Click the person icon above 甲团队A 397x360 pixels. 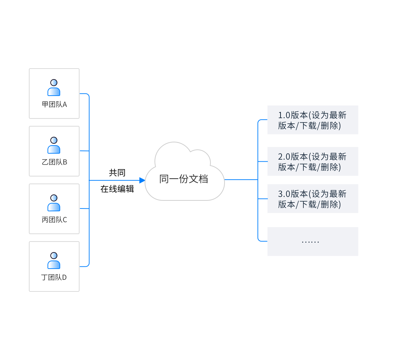tap(54, 88)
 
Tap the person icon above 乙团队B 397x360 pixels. tap(54, 146)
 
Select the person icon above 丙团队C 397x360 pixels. tap(54, 203)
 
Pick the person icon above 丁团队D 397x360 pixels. tap(54, 261)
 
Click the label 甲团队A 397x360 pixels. tap(54, 104)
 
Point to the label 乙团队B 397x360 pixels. tap(54, 162)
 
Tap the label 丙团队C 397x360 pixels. tap(54, 220)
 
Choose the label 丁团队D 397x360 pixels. tap(54, 277)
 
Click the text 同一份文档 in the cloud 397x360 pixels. tap(184, 179)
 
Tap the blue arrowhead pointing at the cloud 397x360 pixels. tap(142, 180)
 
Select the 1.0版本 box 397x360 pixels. tap(313, 120)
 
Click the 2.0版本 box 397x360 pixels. tap(313, 161)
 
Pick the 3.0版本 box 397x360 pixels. tap(313, 199)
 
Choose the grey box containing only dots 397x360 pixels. tap(313, 242)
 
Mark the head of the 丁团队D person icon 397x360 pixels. tap(54, 255)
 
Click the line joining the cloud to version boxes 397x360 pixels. tap(241, 180)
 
